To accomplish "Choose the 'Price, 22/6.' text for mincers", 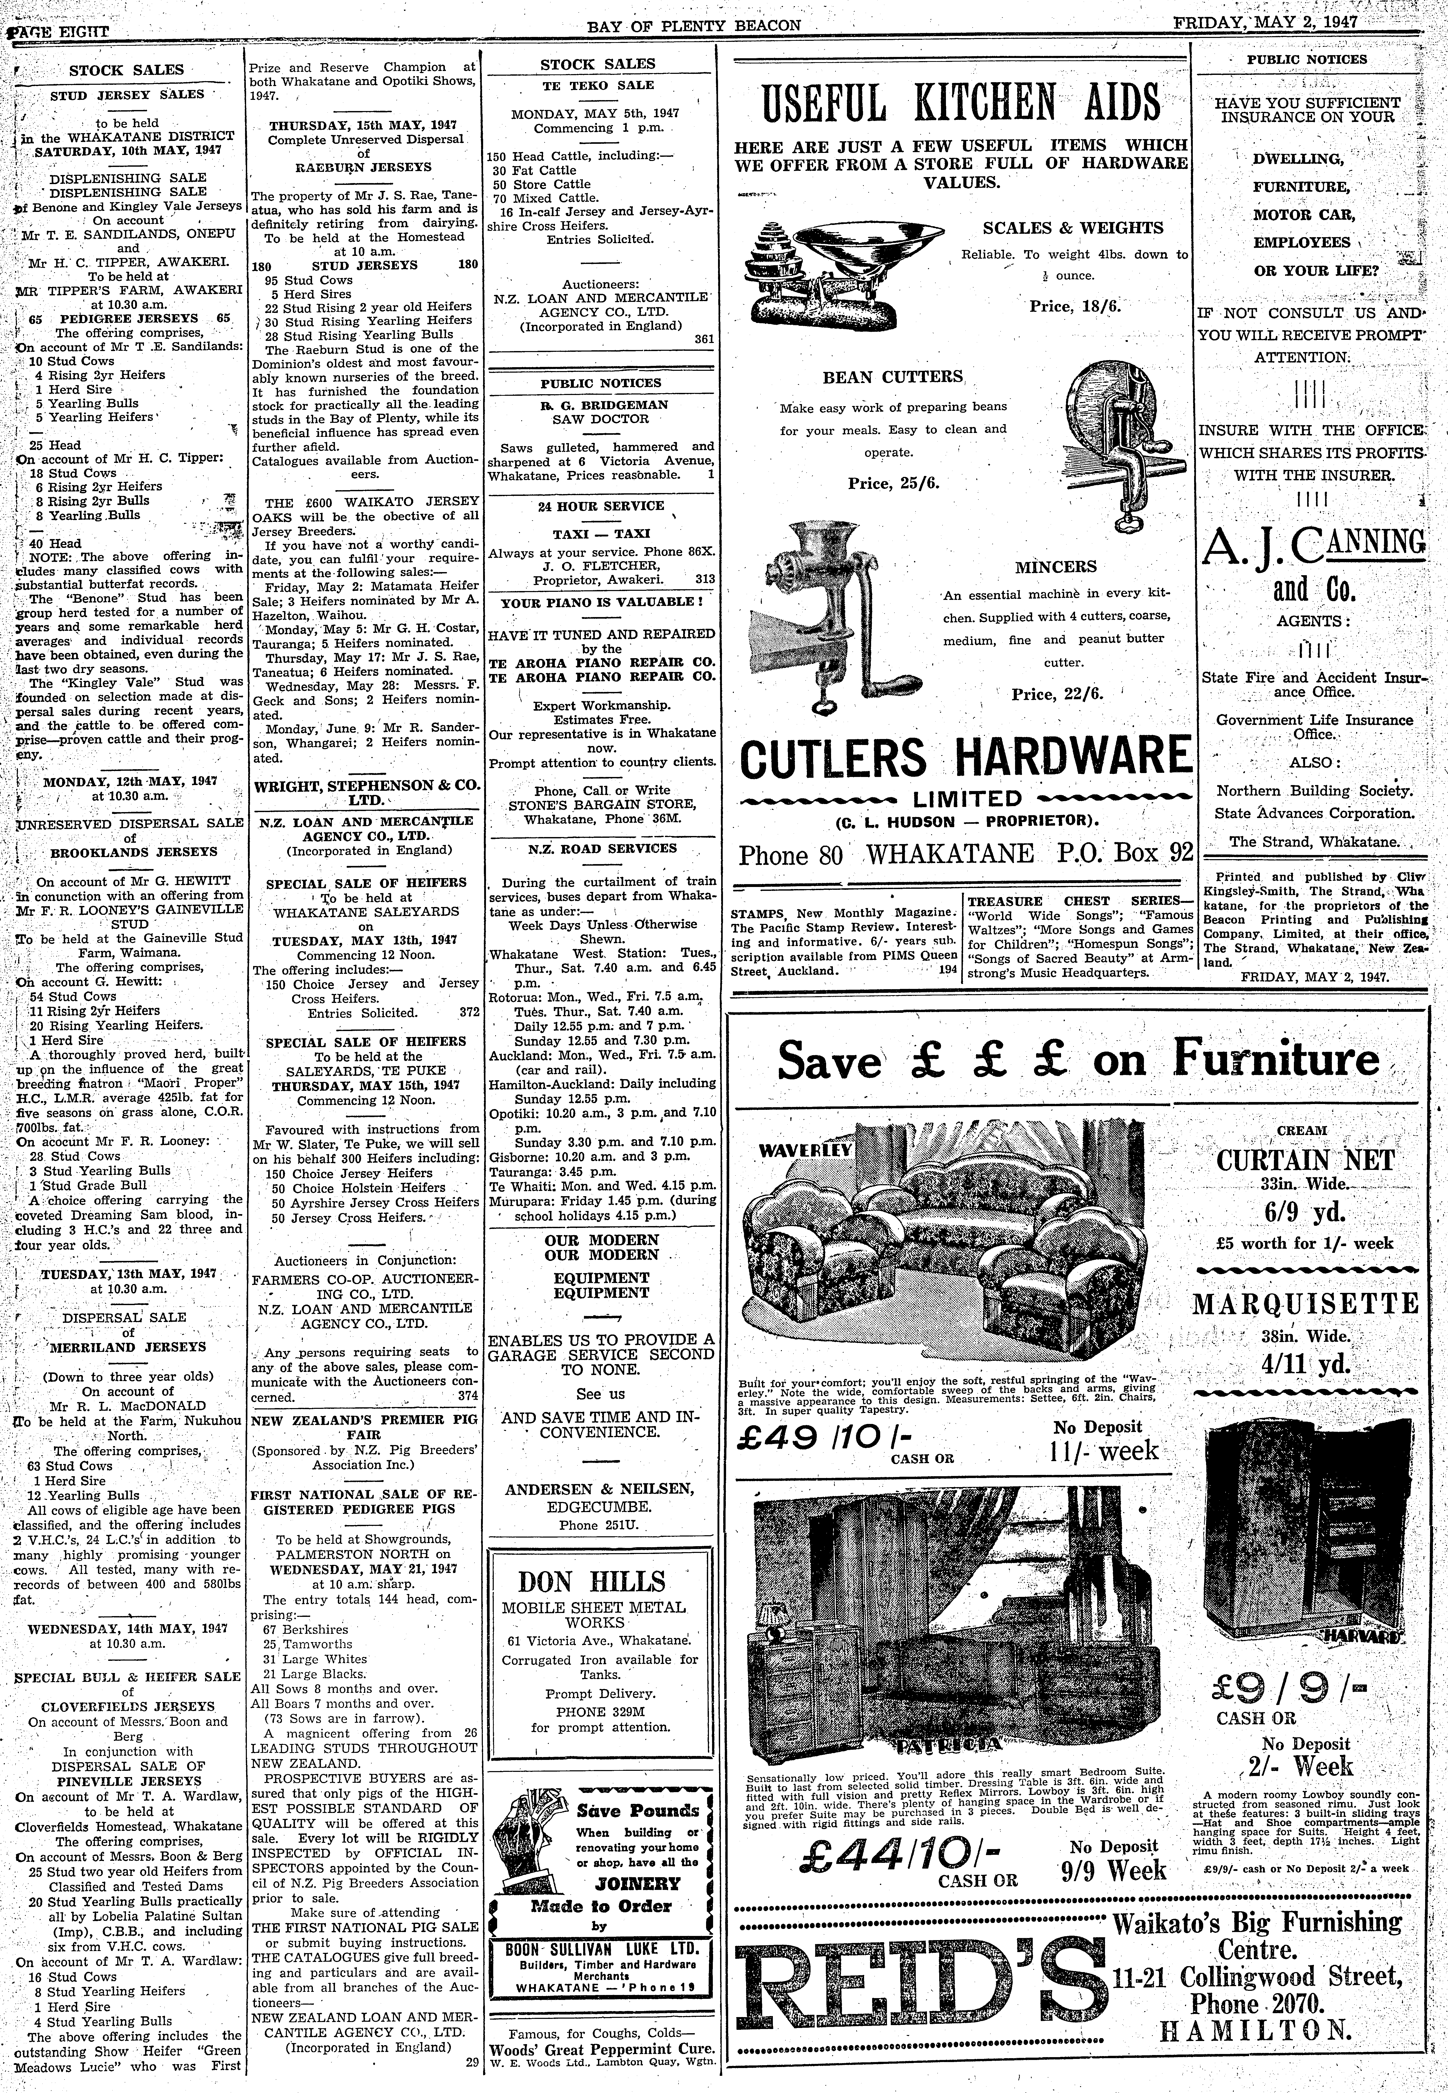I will coord(1057,694).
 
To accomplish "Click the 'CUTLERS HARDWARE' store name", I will coord(966,757).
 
